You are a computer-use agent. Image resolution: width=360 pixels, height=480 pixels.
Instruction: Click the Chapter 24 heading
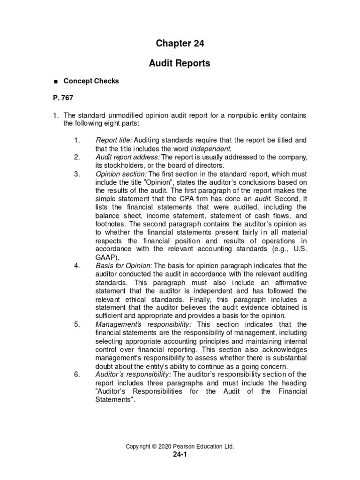(180, 44)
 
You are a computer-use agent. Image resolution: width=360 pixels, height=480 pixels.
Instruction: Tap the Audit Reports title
(180, 63)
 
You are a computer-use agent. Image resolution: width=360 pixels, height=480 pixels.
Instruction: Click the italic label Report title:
(114, 140)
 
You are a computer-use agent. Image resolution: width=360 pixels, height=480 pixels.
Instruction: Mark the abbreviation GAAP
(104, 257)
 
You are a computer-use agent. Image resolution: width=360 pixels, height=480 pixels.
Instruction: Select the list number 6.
(77, 375)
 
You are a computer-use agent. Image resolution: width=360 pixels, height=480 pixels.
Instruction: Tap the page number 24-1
(180, 455)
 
